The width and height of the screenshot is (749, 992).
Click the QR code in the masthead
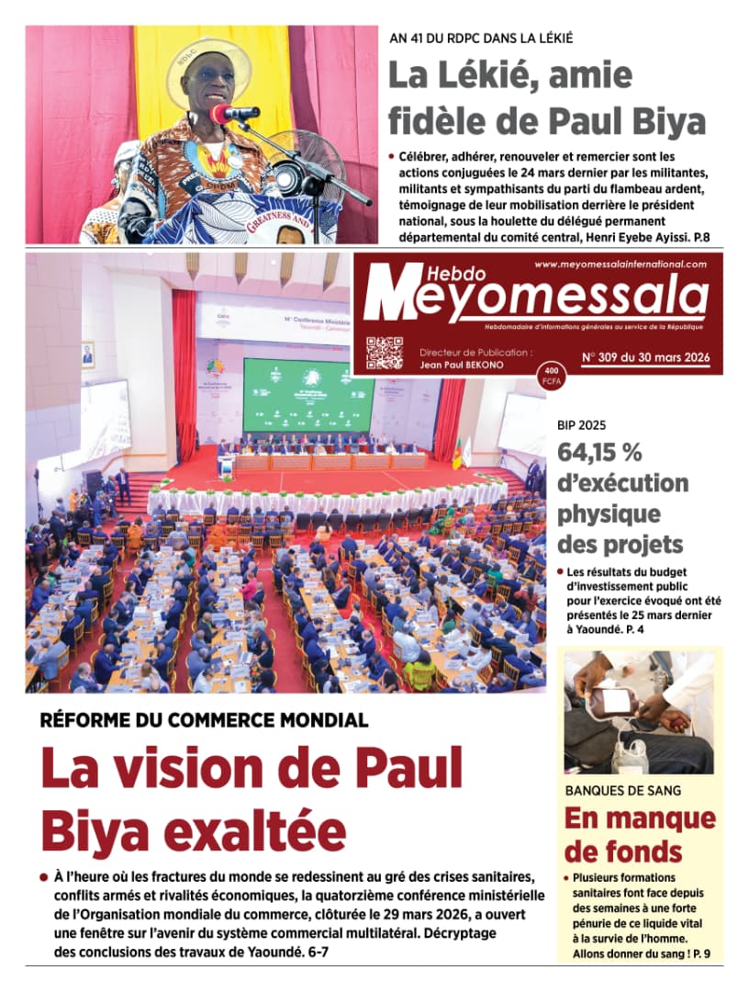pos(385,354)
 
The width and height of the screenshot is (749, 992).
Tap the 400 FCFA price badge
pos(551,376)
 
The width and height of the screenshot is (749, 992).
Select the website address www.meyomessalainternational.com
pos(620,265)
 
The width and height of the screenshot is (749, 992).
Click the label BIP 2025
pos(581,426)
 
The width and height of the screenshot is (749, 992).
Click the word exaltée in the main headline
pos(246,829)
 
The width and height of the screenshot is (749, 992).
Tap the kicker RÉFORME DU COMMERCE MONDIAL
pos(204,720)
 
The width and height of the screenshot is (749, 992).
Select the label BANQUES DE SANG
pos(623,790)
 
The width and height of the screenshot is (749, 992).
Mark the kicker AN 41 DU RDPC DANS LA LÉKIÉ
pos(482,39)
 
